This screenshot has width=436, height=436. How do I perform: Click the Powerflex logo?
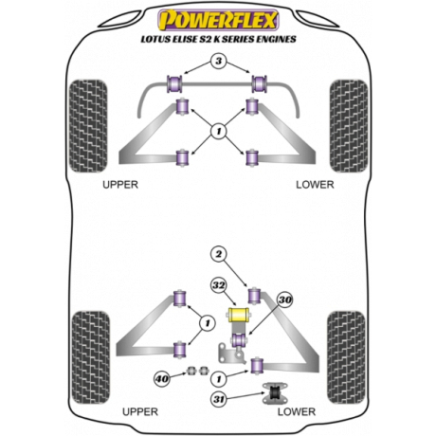click(218, 20)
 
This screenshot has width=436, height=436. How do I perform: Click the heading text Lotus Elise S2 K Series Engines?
click(218, 39)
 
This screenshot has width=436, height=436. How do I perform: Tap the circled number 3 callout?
click(219, 61)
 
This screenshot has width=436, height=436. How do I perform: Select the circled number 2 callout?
click(219, 254)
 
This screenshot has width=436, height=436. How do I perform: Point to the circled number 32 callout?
click(219, 285)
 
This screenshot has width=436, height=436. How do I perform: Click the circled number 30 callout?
click(285, 300)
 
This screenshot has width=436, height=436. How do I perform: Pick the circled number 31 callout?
click(219, 399)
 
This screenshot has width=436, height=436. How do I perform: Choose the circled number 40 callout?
click(162, 378)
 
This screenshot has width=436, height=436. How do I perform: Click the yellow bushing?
click(239, 315)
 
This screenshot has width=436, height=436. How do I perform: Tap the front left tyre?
click(88, 126)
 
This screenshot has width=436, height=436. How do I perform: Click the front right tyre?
click(349, 126)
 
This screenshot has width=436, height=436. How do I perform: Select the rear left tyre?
click(91, 357)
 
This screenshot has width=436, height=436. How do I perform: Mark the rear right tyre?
click(346, 357)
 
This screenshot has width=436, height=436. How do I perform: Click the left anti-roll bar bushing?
click(174, 84)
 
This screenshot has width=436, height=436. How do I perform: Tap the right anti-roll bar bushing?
click(260, 84)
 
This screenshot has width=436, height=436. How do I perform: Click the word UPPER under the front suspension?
click(120, 185)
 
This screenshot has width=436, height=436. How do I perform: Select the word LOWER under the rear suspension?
click(297, 412)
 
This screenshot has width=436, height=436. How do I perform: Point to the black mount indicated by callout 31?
click(274, 393)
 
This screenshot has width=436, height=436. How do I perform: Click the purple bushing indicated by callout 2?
click(254, 295)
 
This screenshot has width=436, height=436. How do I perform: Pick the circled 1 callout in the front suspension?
click(219, 131)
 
